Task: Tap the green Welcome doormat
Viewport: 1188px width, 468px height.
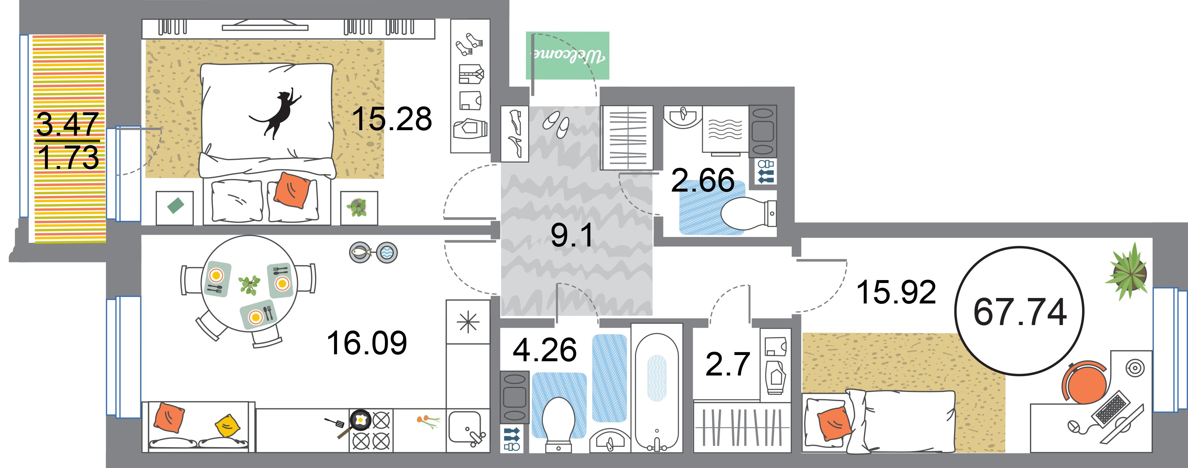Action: (x=568, y=55)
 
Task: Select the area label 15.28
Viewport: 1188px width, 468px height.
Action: (x=392, y=119)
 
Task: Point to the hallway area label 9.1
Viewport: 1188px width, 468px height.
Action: (x=572, y=235)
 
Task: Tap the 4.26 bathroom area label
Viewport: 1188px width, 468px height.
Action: (x=545, y=350)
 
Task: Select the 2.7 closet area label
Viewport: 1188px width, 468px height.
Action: (x=728, y=364)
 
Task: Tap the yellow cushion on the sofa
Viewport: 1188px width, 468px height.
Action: (x=228, y=426)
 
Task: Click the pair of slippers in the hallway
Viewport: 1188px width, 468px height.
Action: (x=556, y=124)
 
